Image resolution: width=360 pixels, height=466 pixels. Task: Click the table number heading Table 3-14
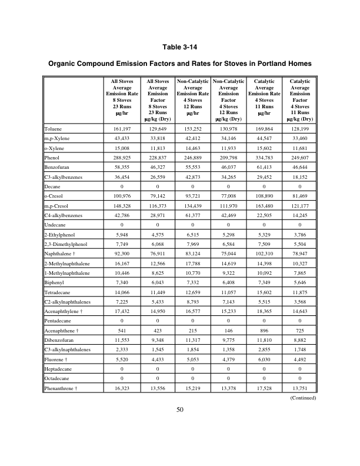(x=179, y=47)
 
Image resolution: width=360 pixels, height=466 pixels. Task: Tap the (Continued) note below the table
(x=304, y=398)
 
